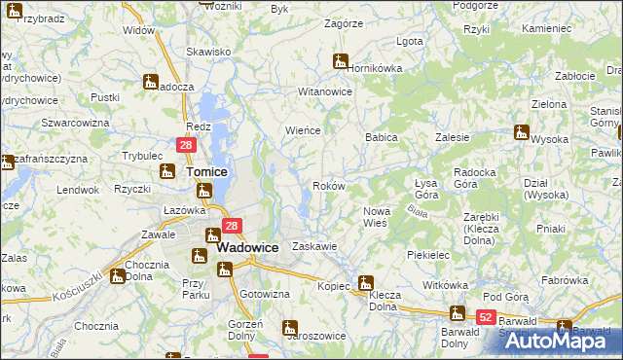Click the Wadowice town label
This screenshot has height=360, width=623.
[x=247, y=247]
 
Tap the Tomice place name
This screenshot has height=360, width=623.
[x=206, y=171]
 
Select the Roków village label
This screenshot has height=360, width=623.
[x=327, y=186]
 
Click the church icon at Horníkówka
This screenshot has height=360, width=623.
[x=341, y=60]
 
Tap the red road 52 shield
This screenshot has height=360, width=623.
[x=487, y=317]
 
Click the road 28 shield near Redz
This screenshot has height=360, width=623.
[x=188, y=145]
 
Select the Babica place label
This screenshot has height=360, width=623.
[x=382, y=138]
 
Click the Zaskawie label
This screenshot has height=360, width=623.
[x=314, y=247]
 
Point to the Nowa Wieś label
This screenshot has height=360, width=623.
[x=375, y=217]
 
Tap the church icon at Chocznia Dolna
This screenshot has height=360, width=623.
[x=117, y=275]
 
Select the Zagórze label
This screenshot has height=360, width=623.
[x=343, y=23]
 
